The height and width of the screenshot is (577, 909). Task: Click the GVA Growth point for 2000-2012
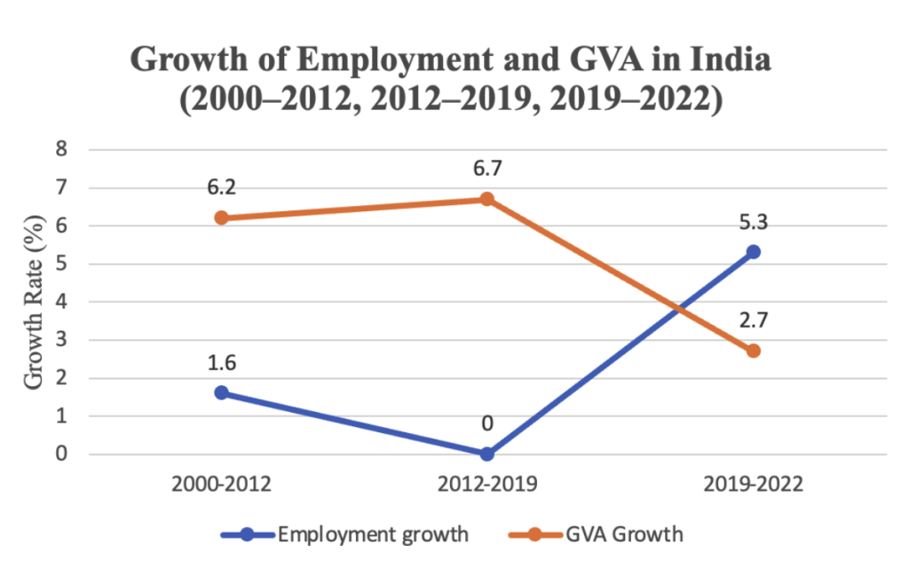(222, 217)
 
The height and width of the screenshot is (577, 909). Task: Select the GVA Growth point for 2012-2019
(487, 199)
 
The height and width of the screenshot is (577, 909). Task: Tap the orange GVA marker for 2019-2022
(754, 351)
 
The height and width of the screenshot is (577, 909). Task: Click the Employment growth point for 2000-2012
(222, 392)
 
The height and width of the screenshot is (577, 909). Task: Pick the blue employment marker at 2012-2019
(487, 454)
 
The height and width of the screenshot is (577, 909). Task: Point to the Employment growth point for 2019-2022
(754, 252)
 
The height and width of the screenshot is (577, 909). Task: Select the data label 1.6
(222, 362)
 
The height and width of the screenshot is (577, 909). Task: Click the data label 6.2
(222, 187)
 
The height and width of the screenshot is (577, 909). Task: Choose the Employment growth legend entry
(355, 534)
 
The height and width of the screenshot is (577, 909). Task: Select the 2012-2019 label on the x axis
(487, 485)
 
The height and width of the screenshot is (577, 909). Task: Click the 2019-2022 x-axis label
(754, 485)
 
